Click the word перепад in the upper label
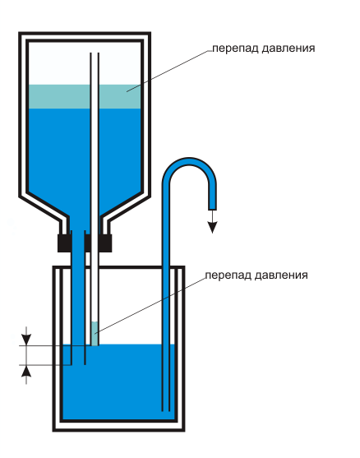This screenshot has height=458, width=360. (x=235, y=49)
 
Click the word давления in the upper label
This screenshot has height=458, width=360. (x=288, y=49)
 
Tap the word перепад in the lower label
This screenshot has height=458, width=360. (x=228, y=275)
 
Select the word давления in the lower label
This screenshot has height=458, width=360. (x=281, y=275)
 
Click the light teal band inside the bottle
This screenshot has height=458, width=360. (x=85, y=97)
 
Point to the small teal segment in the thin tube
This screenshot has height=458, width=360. (x=95, y=334)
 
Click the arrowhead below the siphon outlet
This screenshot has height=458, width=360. (x=212, y=227)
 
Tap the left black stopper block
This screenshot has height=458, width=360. (x=65, y=243)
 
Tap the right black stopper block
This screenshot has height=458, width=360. (x=105, y=243)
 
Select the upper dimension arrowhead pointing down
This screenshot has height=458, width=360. (x=26, y=340)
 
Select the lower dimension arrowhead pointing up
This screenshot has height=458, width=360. (x=26, y=370)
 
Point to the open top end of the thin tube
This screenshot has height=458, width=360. (x=95, y=53)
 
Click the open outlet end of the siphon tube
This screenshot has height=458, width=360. (x=212, y=209)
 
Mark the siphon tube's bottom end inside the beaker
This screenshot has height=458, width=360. (x=166, y=410)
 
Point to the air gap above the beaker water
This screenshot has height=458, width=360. (x=132, y=307)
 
